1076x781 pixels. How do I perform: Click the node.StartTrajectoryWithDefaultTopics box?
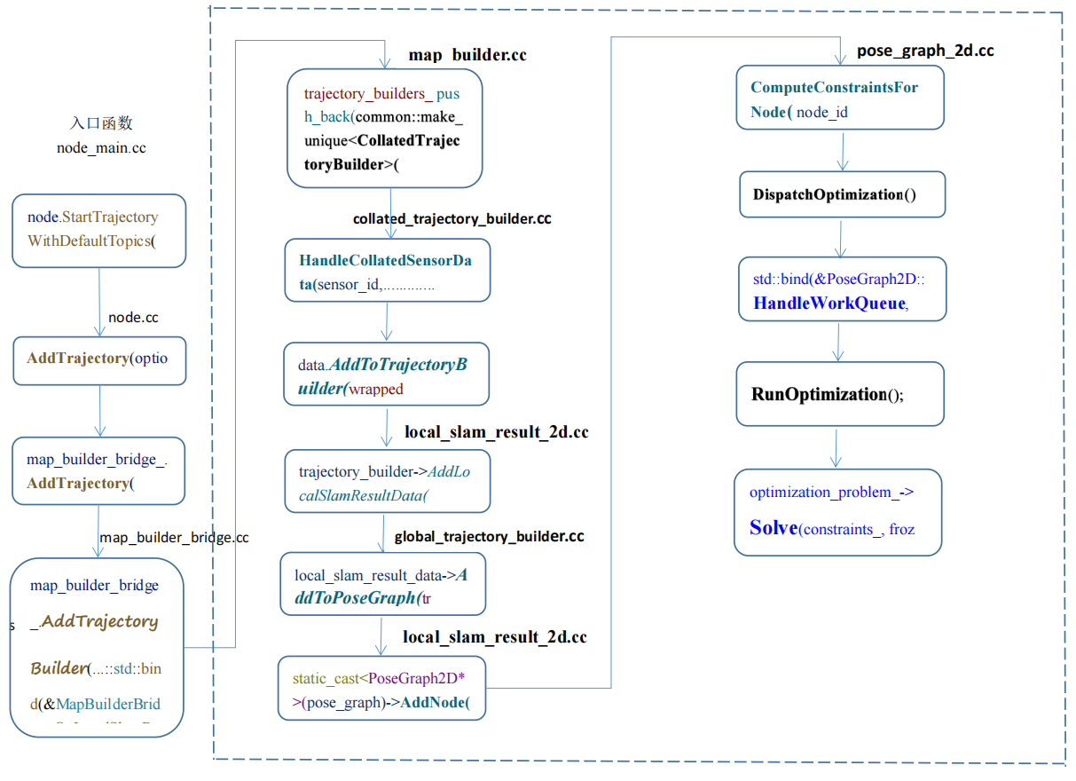(x=98, y=230)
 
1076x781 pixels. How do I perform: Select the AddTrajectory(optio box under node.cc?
(x=98, y=359)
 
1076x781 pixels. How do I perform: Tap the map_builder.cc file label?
(x=467, y=55)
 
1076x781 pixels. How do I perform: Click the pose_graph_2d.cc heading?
(x=924, y=51)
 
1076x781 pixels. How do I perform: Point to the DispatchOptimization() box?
(x=842, y=194)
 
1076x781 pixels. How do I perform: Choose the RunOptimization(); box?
(x=840, y=394)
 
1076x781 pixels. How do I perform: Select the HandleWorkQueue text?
(x=829, y=303)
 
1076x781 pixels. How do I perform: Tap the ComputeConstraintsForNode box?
(x=839, y=99)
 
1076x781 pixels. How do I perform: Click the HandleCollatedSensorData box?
(x=387, y=270)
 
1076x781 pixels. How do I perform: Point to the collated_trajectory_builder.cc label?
(x=452, y=218)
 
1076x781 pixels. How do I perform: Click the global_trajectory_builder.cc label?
(x=489, y=537)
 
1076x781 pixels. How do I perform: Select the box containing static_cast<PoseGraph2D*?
(x=381, y=688)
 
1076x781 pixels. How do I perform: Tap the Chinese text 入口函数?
(x=101, y=123)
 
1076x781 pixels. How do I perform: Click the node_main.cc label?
(x=101, y=148)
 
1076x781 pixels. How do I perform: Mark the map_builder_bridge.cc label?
(x=174, y=538)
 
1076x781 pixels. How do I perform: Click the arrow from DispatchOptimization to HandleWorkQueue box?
(x=841, y=237)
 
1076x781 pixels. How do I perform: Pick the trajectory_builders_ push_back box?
(x=384, y=129)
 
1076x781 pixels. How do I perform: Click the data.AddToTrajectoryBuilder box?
(x=386, y=375)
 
